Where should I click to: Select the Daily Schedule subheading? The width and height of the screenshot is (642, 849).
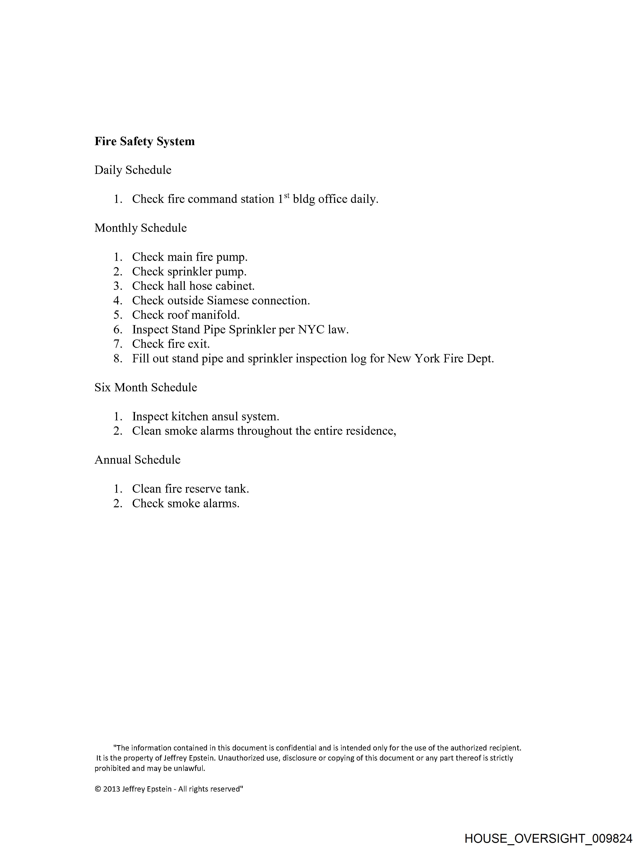(133, 170)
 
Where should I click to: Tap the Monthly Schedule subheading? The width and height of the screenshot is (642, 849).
(140, 228)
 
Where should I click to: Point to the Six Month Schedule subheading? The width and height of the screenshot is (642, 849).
(146, 388)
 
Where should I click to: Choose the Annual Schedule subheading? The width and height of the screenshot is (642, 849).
(137, 460)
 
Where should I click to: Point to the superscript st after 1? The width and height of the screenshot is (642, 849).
(287, 195)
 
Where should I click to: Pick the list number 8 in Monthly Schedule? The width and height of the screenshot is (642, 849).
(118, 359)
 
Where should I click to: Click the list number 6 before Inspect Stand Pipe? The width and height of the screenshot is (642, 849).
(118, 330)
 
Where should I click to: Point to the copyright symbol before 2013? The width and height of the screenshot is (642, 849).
(98, 789)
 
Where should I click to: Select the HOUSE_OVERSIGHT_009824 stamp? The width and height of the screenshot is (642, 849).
(548, 838)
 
